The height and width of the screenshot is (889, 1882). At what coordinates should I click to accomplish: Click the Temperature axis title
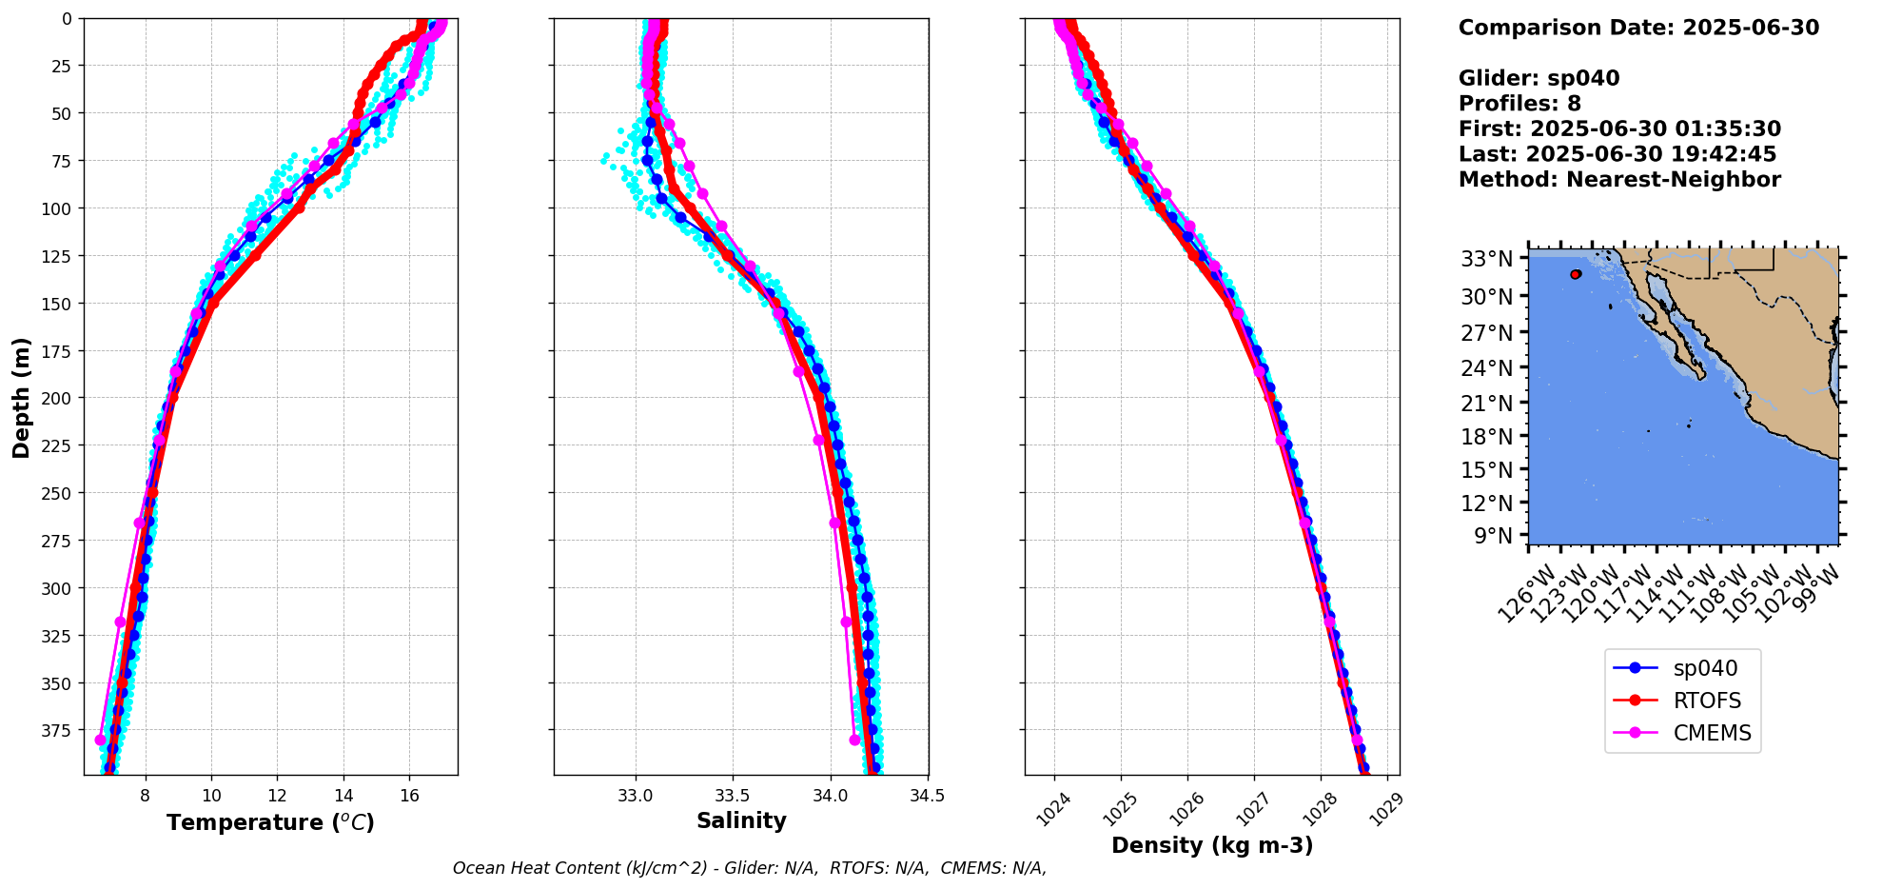[270, 822]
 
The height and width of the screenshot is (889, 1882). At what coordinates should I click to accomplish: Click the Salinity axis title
[741, 820]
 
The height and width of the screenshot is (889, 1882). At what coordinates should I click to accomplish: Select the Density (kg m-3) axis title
[1211, 845]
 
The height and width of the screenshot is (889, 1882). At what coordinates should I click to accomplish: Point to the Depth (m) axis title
[21, 397]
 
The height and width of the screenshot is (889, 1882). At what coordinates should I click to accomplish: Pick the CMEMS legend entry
[1712, 733]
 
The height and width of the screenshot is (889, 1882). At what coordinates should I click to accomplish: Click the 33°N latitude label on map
[1486, 259]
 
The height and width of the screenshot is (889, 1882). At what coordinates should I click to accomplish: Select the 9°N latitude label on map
[1493, 536]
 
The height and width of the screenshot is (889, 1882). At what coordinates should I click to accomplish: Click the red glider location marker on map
[1576, 274]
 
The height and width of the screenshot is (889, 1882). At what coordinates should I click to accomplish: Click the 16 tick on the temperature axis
[409, 796]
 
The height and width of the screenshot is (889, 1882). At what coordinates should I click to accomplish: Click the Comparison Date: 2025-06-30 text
[1638, 28]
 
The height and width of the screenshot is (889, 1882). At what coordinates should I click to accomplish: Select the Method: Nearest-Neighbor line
[1618, 179]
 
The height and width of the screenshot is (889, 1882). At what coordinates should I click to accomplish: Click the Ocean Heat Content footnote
[749, 868]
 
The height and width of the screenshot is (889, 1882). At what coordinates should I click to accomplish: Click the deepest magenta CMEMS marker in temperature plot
[101, 740]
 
